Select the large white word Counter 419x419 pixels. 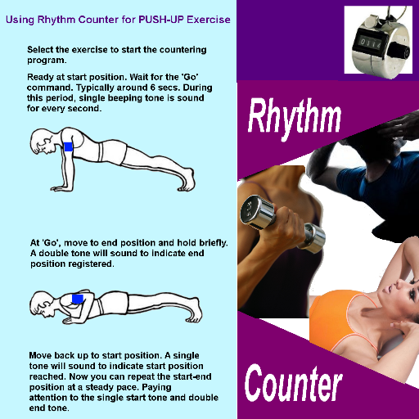(294, 384)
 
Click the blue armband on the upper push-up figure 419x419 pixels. (69, 146)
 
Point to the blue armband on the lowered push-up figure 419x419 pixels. (78, 299)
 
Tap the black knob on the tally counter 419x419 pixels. (399, 51)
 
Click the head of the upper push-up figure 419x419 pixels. (43, 142)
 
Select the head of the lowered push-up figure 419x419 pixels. (43, 304)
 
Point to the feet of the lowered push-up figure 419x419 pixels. (196, 310)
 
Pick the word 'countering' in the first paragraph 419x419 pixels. (182, 50)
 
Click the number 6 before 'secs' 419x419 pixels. (153, 88)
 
